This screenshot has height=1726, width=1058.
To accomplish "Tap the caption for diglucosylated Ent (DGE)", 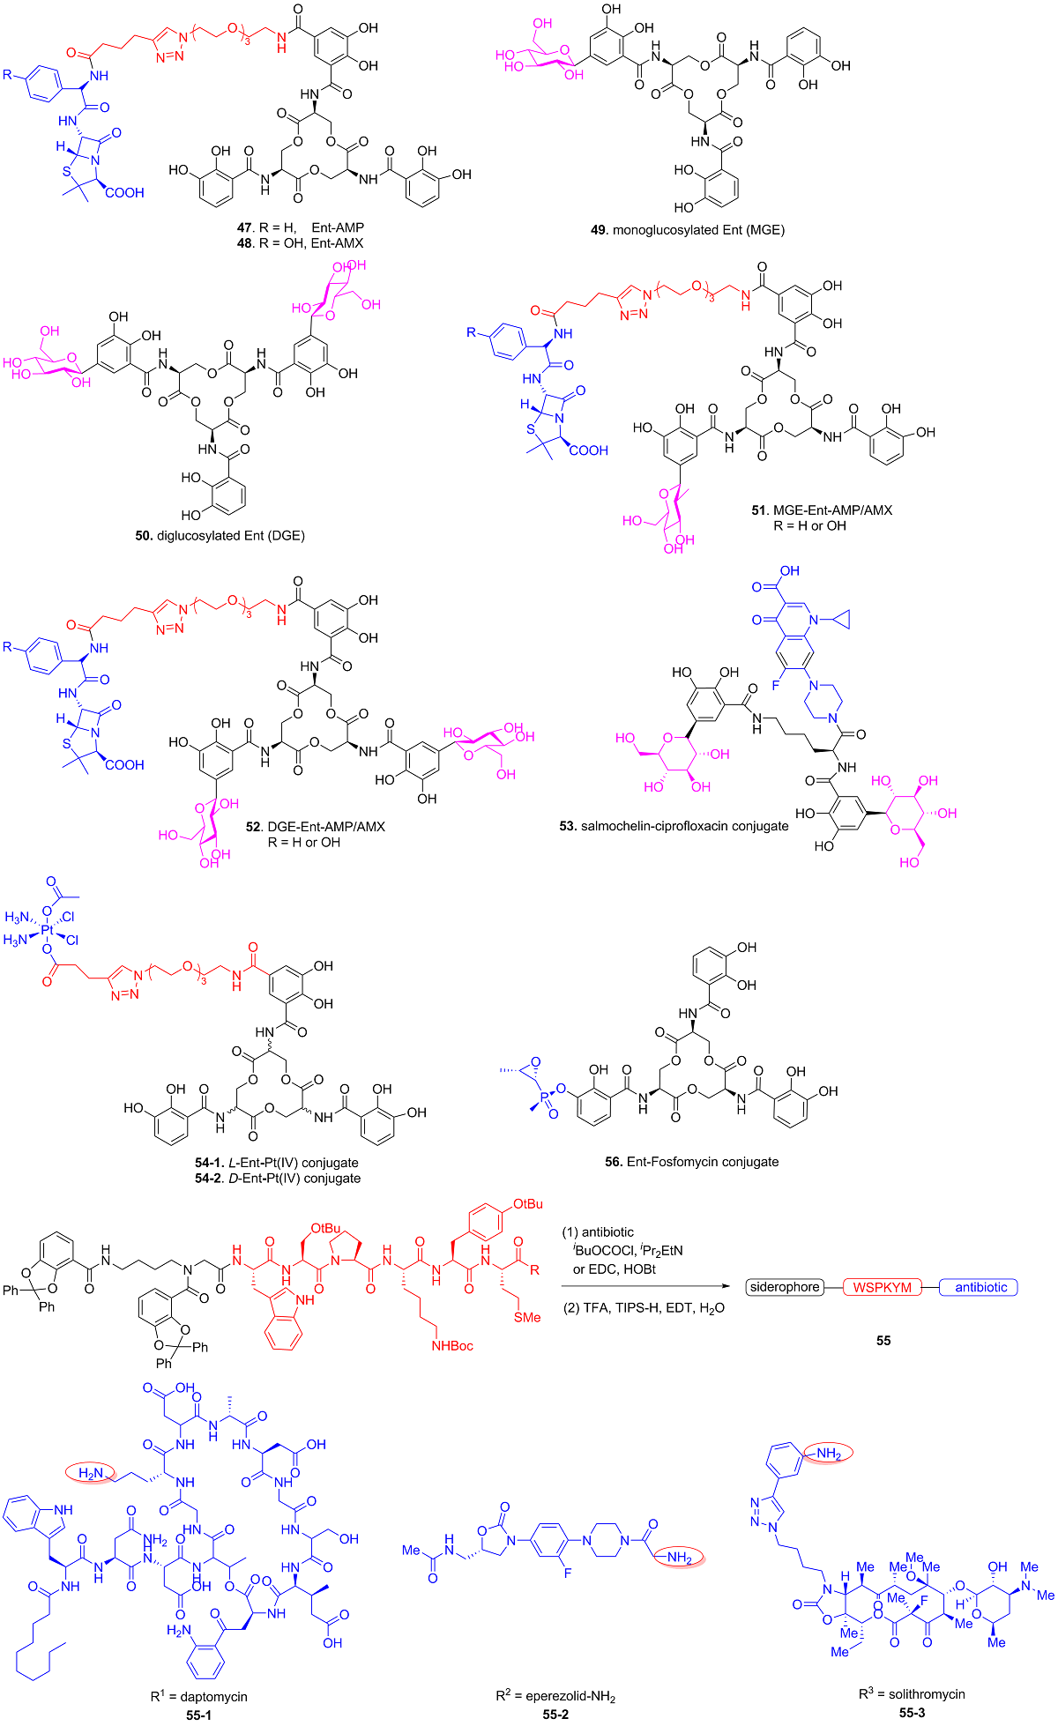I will click(x=220, y=535).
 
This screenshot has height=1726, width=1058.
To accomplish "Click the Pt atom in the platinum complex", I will click(x=48, y=927).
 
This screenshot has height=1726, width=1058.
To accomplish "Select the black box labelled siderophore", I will click(x=784, y=1287).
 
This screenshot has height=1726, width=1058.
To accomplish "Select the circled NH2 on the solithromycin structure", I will click(x=826, y=1453).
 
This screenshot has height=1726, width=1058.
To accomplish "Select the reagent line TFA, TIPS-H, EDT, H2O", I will click(x=644, y=1307).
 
